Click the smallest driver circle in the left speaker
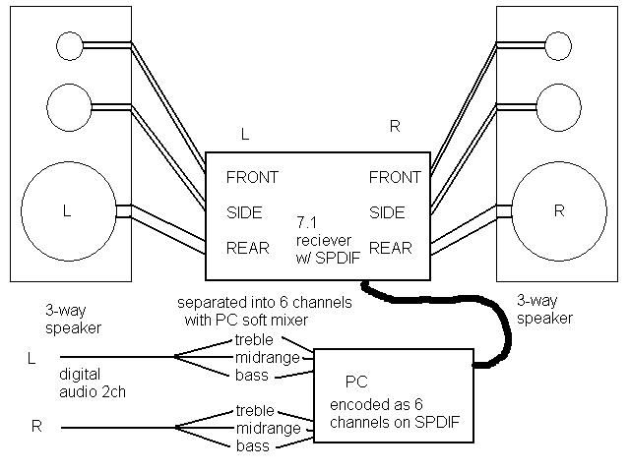tap(71, 44)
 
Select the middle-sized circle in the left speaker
tap(67, 102)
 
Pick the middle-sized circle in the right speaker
tap(560, 101)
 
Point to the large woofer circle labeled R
tap(558, 209)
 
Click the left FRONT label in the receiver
tap(252, 178)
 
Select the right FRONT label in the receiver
tap(395, 178)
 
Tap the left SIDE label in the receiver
tap(245, 211)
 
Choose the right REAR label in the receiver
tap(391, 248)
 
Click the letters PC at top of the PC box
tap(355, 381)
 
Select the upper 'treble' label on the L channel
tap(254, 340)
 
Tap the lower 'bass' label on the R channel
tap(251, 445)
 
